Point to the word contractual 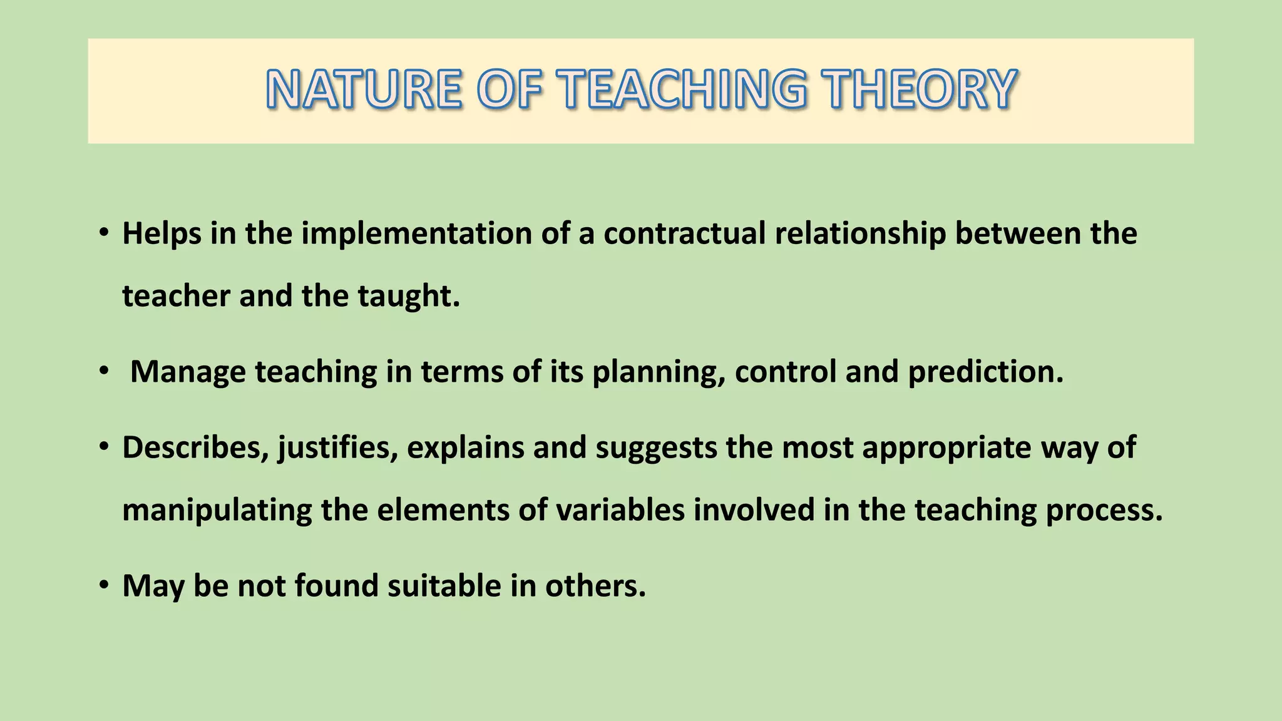(685, 234)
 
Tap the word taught (409, 297)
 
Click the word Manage (188, 372)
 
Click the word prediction (986, 372)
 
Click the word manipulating (217, 511)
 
